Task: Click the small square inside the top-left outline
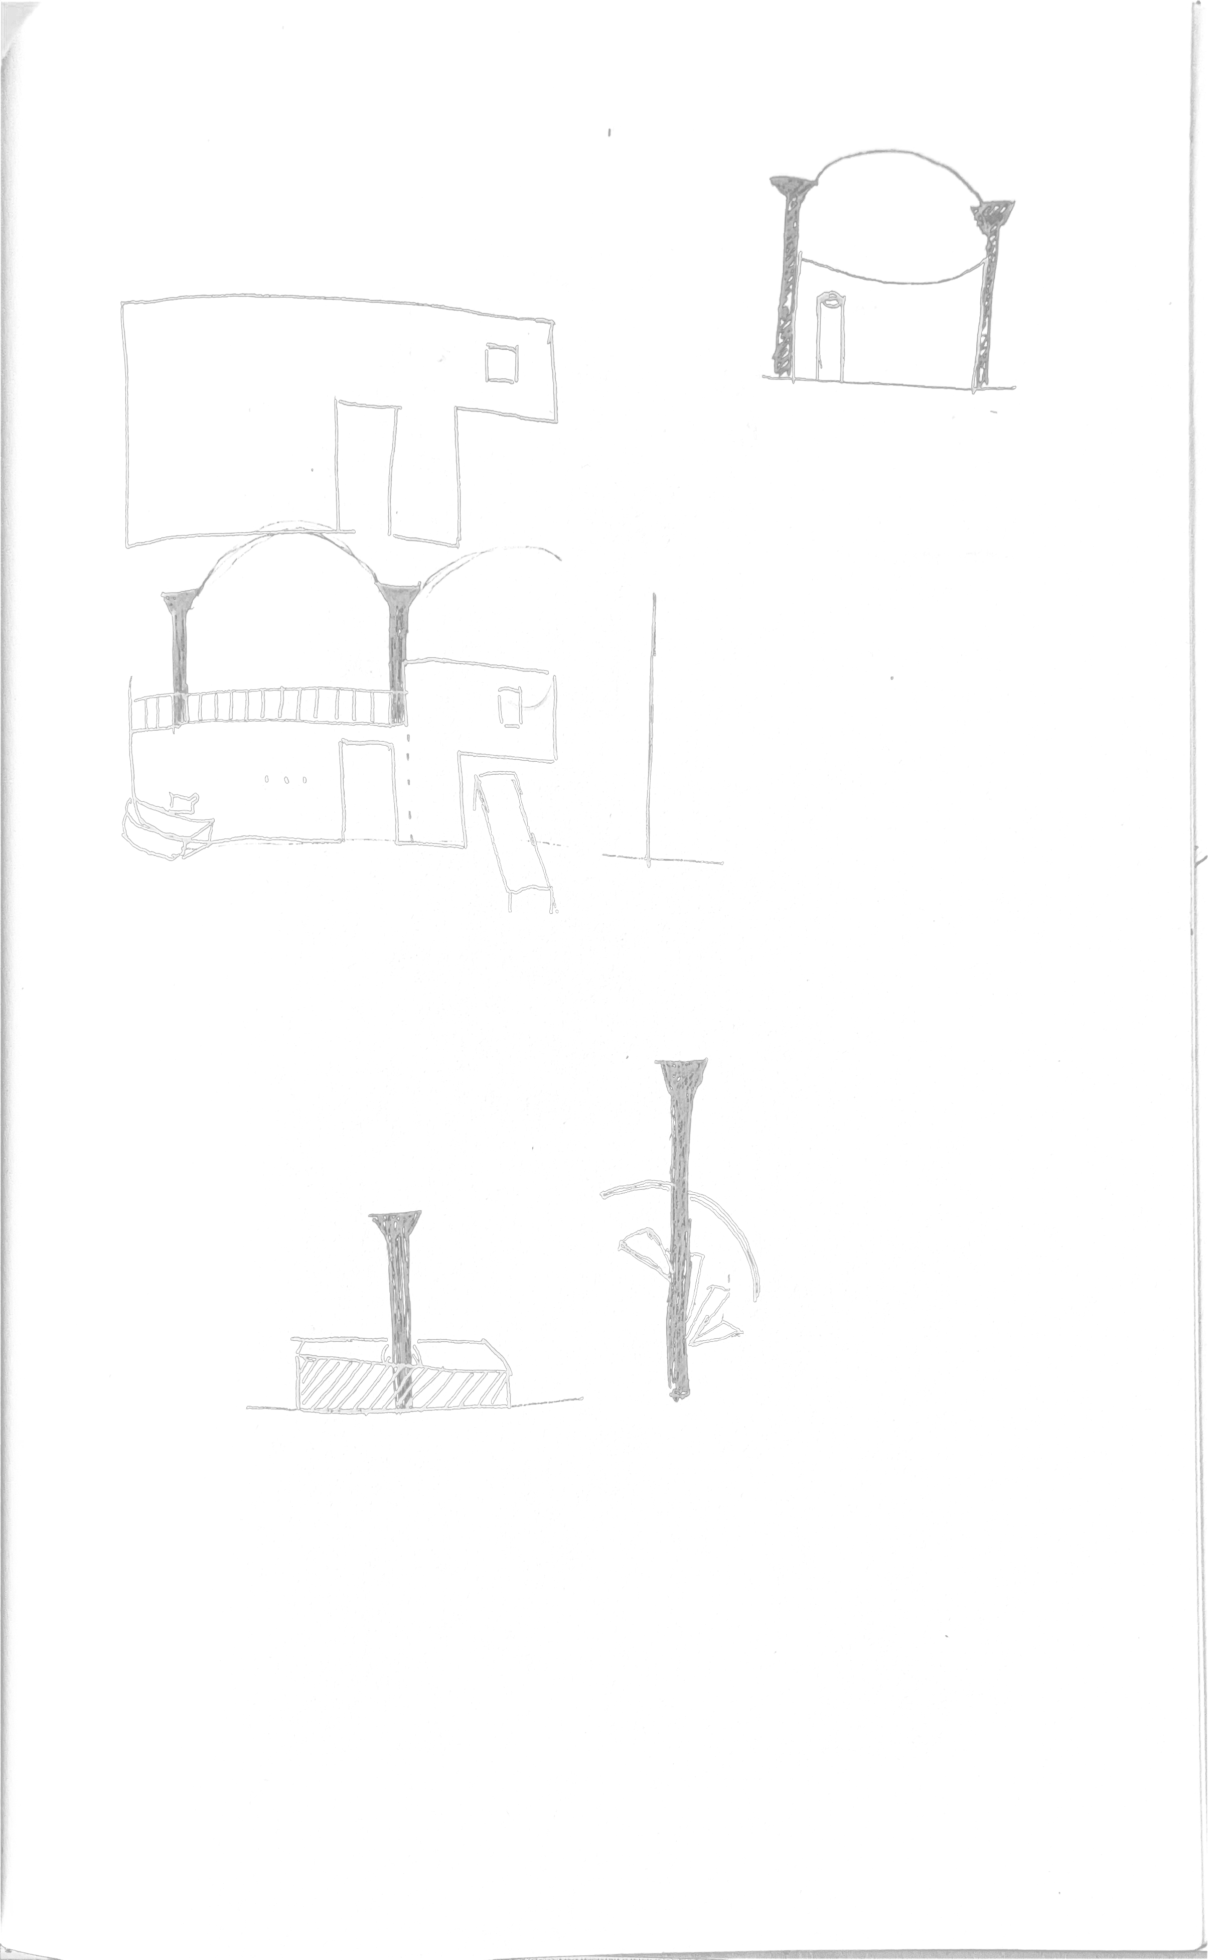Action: pos(502,364)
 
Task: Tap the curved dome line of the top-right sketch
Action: pos(895,154)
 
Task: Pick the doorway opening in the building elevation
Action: pos(369,791)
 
